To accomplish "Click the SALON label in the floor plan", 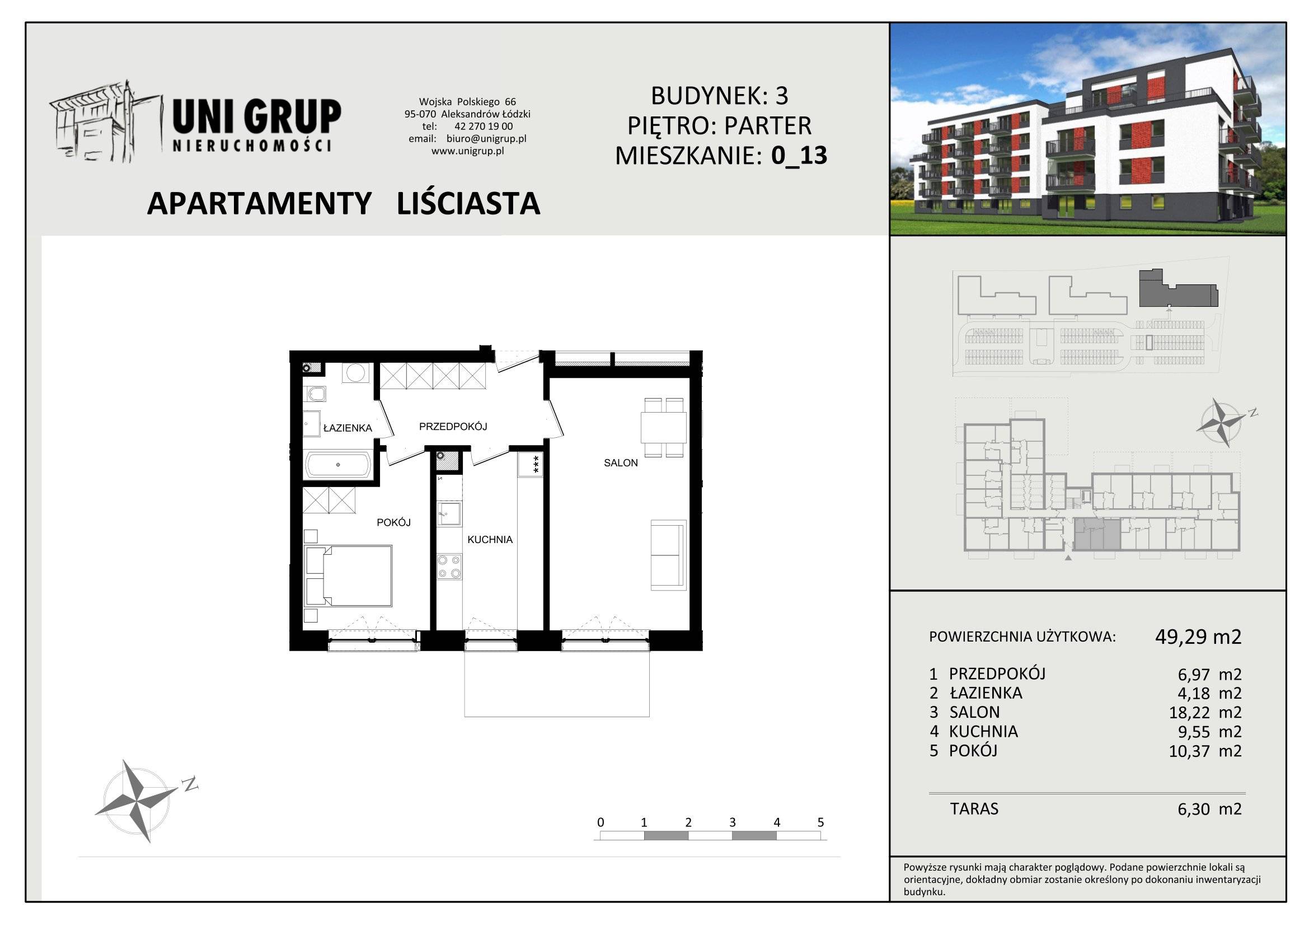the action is (620, 463).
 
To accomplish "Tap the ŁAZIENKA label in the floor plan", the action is (348, 428).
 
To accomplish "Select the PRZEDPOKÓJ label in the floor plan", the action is (453, 427).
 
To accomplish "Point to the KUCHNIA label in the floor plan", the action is (490, 539).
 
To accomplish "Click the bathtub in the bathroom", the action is (339, 465).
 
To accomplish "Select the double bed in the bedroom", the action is (348, 576).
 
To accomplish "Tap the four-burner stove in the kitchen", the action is (449, 567).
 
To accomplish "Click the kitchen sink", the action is (449, 513).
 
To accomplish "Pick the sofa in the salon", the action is (668, 555).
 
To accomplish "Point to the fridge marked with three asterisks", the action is (530, 465).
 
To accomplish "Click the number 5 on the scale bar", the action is (821, 822).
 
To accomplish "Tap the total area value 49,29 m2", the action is (1198, 637).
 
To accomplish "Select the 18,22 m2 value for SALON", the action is (1205, 712).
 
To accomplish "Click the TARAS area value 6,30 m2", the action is (1210, 808).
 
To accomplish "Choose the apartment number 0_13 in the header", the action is (799, 155).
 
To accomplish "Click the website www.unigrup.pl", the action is (467, 151).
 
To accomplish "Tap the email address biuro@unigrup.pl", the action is (486, 138).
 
